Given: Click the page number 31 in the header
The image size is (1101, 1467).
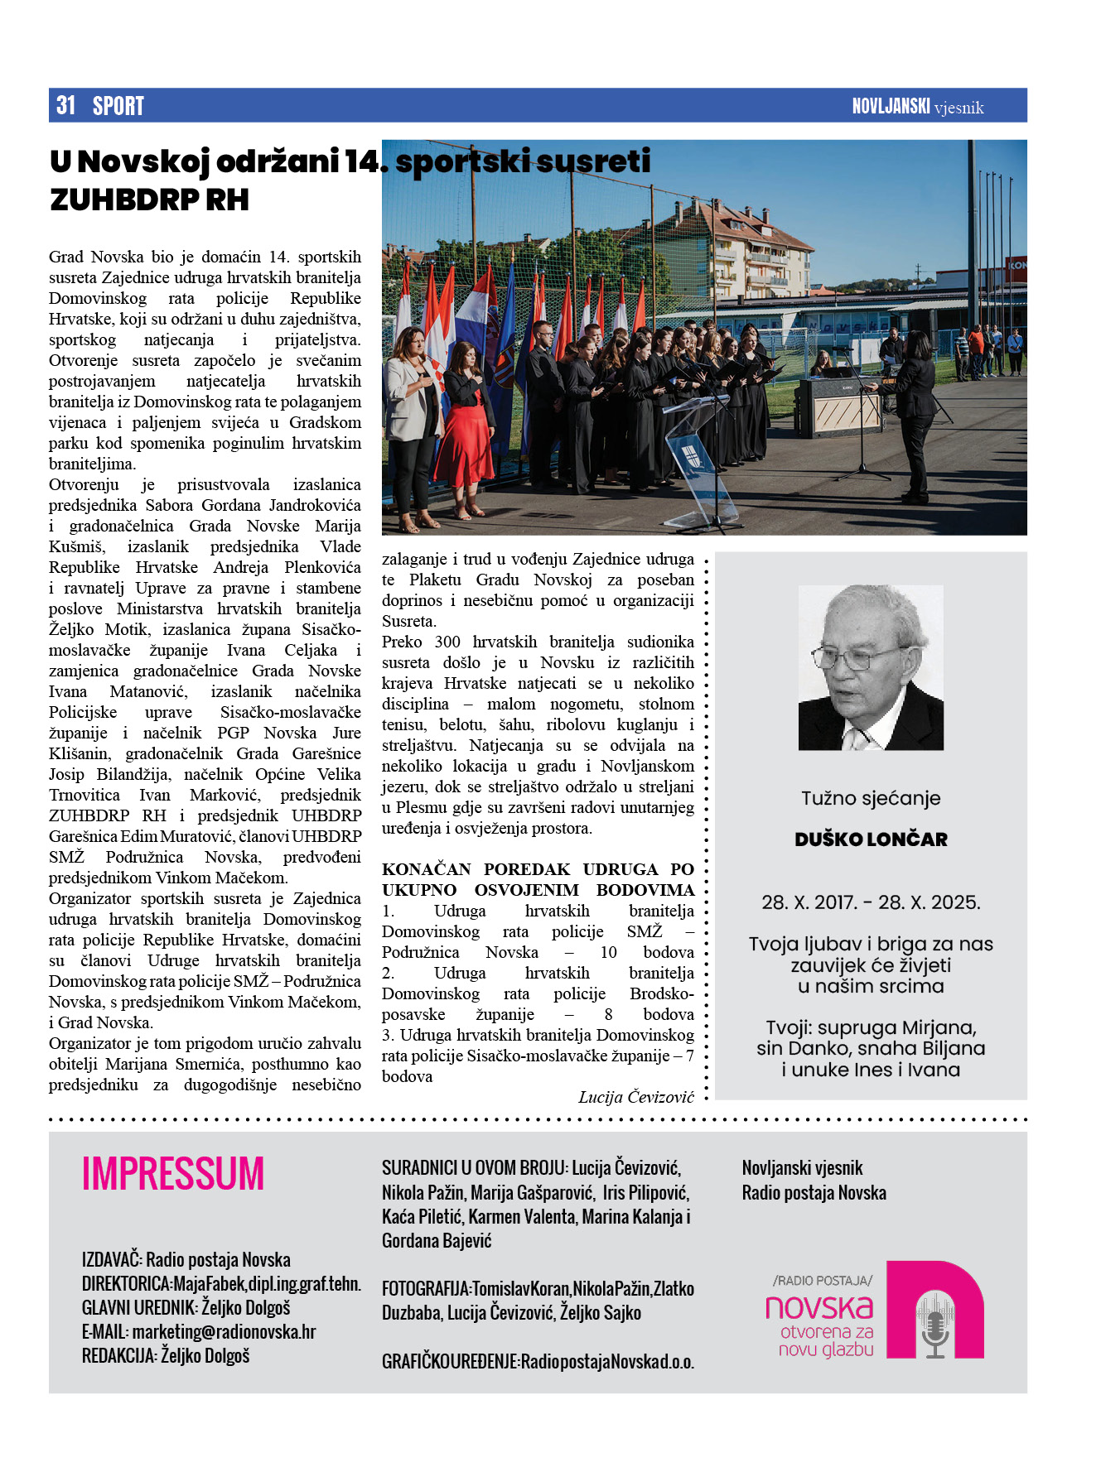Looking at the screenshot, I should tap(65, 106).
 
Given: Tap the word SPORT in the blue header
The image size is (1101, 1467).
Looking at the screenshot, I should tap(118, 106).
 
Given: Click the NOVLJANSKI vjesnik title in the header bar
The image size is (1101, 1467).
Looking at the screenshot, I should tap(917, 107).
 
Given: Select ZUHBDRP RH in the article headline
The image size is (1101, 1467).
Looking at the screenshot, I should tap(149, 200).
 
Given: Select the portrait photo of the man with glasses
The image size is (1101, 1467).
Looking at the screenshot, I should tap(870, 667).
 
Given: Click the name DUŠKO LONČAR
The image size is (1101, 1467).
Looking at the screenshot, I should tap(871, 839).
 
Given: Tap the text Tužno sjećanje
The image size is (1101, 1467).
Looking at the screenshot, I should tap(871, 799).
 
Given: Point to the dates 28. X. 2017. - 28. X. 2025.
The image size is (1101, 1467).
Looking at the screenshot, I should tap(871, 902).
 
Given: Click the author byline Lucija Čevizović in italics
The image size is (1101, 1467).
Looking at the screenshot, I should tap(636, 1097).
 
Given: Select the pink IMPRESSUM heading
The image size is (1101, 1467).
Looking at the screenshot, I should tap(173, 1174).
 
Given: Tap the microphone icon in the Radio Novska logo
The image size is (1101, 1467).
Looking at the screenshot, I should tap(935, 1325).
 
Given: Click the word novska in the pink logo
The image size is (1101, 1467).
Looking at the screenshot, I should tap(819, 1307).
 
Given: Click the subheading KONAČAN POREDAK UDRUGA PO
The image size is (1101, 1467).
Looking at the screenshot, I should tap(538, 869).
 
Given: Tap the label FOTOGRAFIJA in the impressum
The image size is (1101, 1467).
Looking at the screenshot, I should tap(425, 1289).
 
